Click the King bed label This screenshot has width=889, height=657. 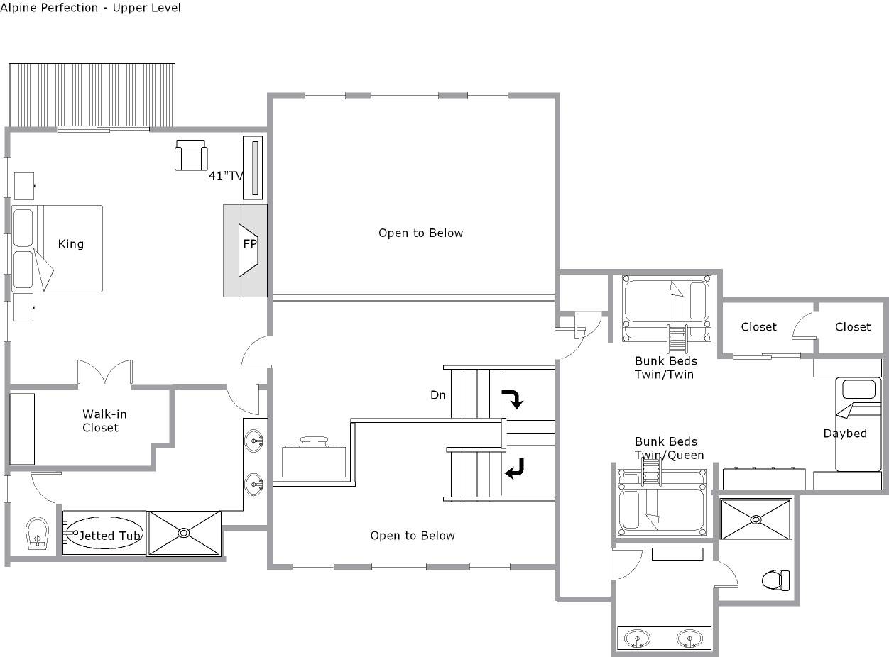point(71,244)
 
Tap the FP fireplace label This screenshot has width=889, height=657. point(250,243)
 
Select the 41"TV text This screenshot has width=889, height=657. point(226,175)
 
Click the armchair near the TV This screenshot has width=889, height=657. point(191,155)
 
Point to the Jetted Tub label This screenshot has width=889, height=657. point(110,536)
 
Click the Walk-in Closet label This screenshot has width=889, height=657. point(104,421)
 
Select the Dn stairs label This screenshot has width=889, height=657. point(437,395)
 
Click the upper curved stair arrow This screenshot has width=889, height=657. point(515,398)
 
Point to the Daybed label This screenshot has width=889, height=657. point(845,434)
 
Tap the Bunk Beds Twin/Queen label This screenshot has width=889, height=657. point(669,448)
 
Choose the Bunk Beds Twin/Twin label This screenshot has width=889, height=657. point(666,368)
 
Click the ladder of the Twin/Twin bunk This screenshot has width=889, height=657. point(677,338)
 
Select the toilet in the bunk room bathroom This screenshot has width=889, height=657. point(775,580)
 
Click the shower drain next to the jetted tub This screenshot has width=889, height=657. point(184,534)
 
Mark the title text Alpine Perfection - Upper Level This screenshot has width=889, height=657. point(90,8)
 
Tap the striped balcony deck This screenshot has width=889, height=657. point(92,95)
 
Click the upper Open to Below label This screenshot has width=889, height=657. point(420,233)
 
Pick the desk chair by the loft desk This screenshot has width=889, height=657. point(315,441)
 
